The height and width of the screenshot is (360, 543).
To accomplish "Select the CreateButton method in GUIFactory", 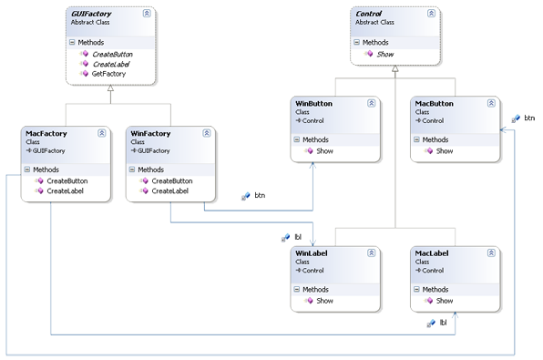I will click(113, 54).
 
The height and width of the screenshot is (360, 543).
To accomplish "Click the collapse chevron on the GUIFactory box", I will click(147, 15).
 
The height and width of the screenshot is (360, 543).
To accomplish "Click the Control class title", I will click(368, 15).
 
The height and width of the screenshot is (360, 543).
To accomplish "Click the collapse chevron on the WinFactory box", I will click(207, 133).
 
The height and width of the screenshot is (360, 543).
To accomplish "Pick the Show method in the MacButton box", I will click(445, 150).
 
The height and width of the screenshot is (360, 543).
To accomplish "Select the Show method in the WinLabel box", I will click(324, 301).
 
